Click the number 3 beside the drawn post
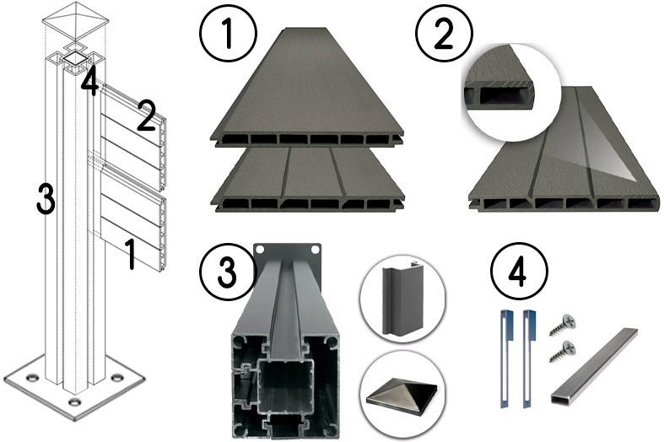tap(46, 200)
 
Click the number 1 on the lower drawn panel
tap(130, 253)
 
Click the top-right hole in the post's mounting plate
tap(316, 251)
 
